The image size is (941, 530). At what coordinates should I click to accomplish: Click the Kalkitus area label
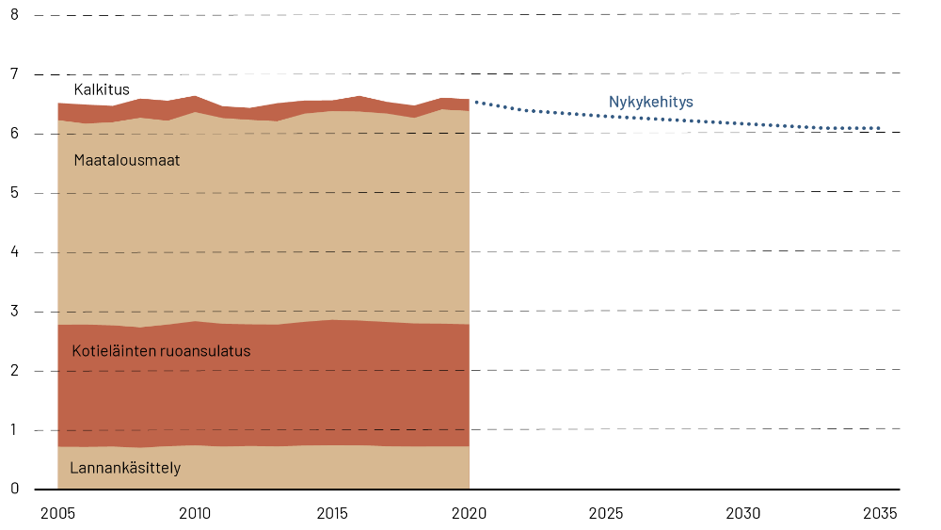click(x=102, y=89)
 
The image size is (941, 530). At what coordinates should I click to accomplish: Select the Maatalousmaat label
click(x=126, y=160)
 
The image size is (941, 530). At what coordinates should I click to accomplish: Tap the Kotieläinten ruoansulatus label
click(x=161, y=351)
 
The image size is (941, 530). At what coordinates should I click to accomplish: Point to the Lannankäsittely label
click(x=125, y=468)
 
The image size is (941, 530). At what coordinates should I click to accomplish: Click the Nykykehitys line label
click(x=651, y=102)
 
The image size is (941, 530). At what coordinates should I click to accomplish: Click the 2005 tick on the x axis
click(x=57, y=514)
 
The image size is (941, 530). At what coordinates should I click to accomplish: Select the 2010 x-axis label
click(x=195, y=514)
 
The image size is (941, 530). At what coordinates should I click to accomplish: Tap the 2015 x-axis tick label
click(x=332, y=514)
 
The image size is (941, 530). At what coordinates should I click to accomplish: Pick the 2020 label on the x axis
click(x=470, y=514)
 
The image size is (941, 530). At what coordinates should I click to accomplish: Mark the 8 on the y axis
click(x=14, y=15)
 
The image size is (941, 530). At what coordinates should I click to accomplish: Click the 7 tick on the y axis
click(x=14, y=74)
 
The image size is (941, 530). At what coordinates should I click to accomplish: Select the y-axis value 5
click(x=14, y=193)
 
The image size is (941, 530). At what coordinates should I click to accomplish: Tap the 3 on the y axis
click(x=14, y=312)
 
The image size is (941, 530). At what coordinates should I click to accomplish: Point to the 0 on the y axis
click(x=14, y=489)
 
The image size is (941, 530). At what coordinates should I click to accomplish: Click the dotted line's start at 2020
click(x=474, y=101)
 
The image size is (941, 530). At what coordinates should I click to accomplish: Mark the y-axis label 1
click(x=14, y=430)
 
